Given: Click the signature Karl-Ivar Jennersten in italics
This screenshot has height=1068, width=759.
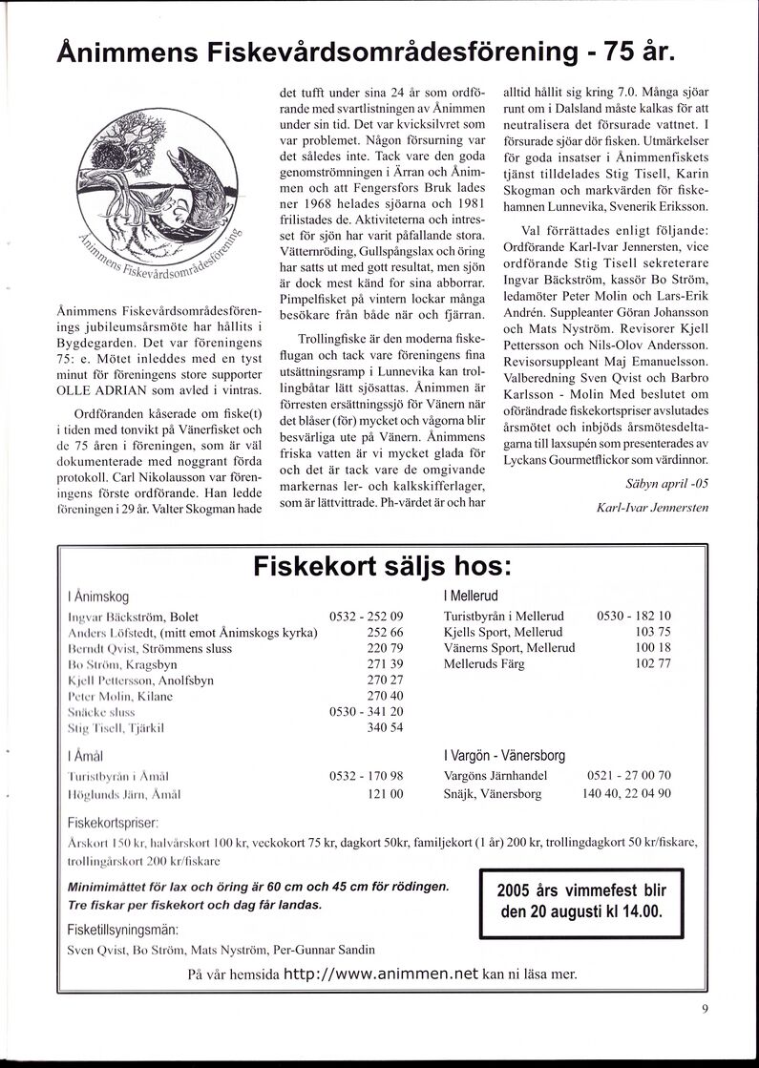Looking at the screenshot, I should tap(652, 508).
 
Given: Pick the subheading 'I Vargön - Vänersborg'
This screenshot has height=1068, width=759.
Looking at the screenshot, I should tap(504, 755).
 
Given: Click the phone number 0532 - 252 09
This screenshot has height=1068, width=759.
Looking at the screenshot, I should tap(367, 617).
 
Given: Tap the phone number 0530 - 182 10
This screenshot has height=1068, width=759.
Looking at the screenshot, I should tap(634, 616).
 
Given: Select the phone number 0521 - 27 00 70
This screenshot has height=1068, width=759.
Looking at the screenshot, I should tap(633, 776).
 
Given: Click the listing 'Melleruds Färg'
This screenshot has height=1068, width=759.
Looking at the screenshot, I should tap(485, 662).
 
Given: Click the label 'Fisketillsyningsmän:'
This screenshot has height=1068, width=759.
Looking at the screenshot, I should tap(123, 930).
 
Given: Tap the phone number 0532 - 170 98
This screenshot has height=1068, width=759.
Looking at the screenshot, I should tap(367, 776).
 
